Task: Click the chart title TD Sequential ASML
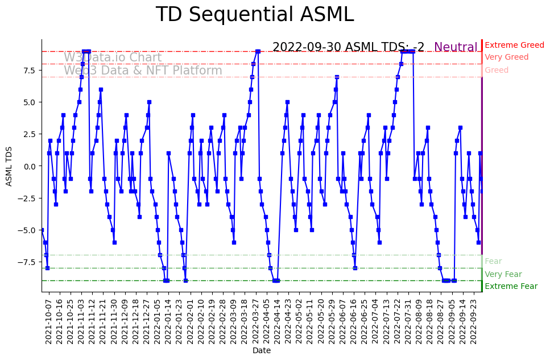pyautogui.click(x=254, y=15)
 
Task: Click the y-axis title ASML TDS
pyautogui.click(x=9, y=165)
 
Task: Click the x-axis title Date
pyautogui.click(x=261, y=351)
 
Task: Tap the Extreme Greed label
pyautogui.click(x=514, y=45)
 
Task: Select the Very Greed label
pyautogui.click(x=506, y=57)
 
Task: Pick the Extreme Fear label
pyautogui.click(x=511, y=286)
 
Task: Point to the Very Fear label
pyautogui.click(x=503, y=274)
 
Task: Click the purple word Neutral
pyautogui.click(x=456, y=47)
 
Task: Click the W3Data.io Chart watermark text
pyautogui.click(x=113, y=57)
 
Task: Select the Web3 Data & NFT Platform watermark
pyautogui.click(x=143, y=71)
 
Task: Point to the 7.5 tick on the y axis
pyautogui.click(x=30, y=70)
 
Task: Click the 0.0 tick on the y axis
pyautogui.click(x=30, y=166)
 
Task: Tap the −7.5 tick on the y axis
pyautogui.click(x=27, y=262)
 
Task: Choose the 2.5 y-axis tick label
pyautogui.click(x=30, y=134)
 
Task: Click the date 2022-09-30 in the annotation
pyautogui.click(x=307, y=47)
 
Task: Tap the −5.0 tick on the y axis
pyautogui.click(x=27, y=230)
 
